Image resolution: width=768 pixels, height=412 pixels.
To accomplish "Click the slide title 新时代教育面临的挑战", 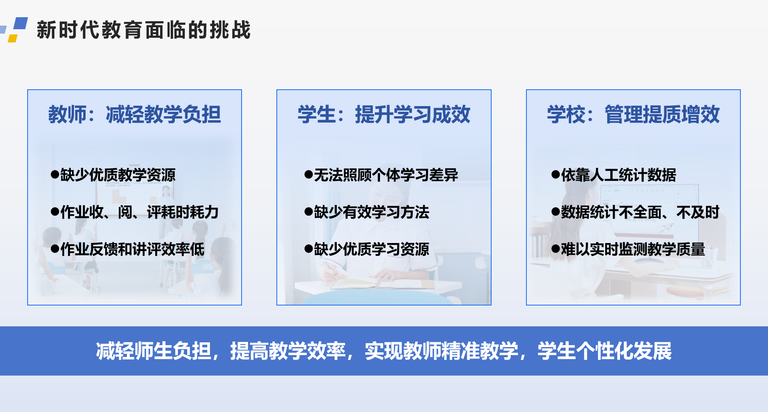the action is click(x=144, y=30).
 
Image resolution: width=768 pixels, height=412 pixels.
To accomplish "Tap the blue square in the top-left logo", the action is click(x=21, y=23).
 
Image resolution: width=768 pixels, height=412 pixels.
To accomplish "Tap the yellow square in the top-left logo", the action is click(x=13, y=38).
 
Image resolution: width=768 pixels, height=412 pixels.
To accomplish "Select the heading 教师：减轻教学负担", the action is click(x=134, y=115).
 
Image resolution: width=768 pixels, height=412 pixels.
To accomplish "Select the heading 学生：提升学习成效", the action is click(x=384, y=115).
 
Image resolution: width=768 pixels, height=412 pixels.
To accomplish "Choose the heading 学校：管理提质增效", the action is click(x=633, y=115).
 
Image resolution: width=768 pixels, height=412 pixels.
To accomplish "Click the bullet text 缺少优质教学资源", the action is click(x=118, y=175).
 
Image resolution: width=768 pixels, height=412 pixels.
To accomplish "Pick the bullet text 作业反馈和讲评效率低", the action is click(x=132, y=249).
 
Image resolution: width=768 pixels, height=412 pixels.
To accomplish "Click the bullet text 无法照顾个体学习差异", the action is click(x=386, y=175).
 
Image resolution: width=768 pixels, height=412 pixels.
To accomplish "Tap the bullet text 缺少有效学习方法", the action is click(x=372, y=212).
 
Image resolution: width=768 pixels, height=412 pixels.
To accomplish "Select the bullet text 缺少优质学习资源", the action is click(x=372, y=249).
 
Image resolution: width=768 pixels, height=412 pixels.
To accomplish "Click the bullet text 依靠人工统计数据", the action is click(x=618, y=175).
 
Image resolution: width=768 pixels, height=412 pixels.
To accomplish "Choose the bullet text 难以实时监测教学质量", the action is click(x=633, y=249).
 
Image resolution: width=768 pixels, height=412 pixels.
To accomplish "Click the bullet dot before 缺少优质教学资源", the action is click(x=55, y=175).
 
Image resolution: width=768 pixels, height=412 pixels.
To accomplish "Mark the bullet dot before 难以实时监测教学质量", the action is click(x=555, y=249).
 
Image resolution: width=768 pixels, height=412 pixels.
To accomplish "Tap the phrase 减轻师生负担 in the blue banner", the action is click(x=153, y=351).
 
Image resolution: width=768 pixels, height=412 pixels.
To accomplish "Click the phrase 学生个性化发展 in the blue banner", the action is click(x=604, y=351).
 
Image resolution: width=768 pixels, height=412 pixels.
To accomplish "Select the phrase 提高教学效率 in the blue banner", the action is click(x=288, y=351).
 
